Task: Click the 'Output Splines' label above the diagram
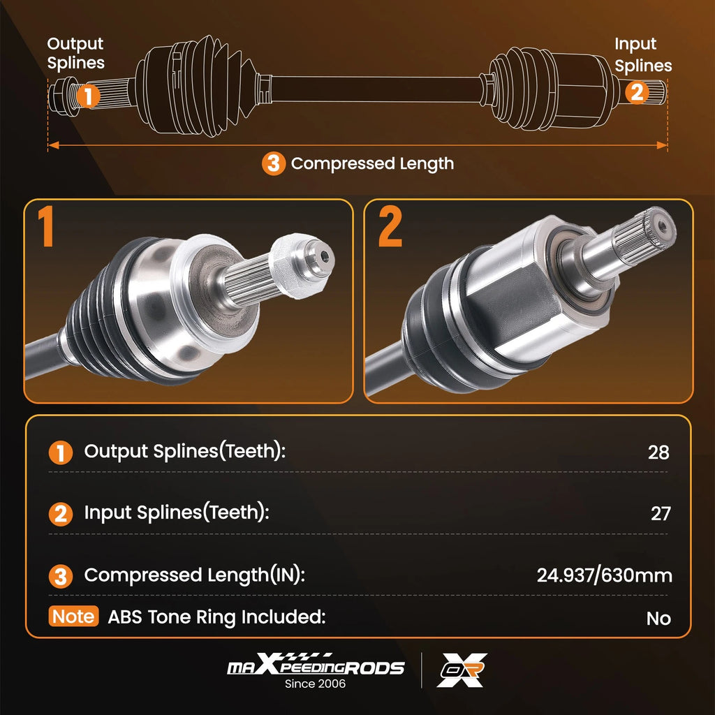tap(75, 53)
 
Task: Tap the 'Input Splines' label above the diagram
tap(643, 54)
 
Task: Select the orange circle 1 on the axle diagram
tap(88, 96)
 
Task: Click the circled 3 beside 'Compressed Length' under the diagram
tap(274, 163)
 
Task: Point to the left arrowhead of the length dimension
tap(53, 145)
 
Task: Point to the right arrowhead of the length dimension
tap(662, 145)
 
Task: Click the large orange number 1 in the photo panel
tap(45, 226)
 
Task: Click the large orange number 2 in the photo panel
tap(390, 226)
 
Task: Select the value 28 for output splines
tap(658, 452)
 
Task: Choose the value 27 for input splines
tap(661, 513)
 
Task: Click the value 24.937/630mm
tap(604, 575)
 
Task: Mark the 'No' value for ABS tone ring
tap(658, 619)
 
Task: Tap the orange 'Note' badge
tap(73, 616)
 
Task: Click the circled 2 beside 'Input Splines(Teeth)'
tap(61, 514)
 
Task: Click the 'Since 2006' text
tap(315, 684)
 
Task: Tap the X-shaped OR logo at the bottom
tap(462, 670)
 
